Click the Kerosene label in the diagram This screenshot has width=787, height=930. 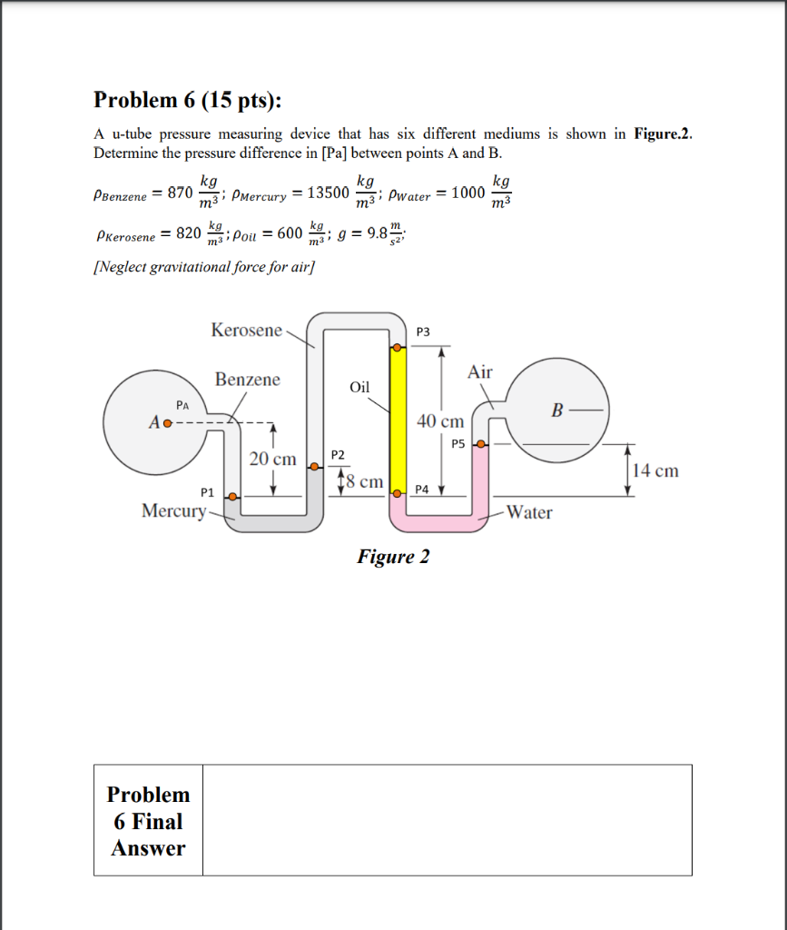247,331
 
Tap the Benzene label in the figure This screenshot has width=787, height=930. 248,380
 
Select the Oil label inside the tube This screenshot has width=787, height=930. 360,387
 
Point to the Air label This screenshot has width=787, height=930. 480,371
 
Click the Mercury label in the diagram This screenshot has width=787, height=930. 173,510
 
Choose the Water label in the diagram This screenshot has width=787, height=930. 529,512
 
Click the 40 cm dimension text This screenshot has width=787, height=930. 440,421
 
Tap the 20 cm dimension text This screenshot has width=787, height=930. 272,460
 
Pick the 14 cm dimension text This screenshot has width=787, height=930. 655,470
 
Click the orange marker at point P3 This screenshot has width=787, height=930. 397,348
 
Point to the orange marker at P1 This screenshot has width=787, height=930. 233,497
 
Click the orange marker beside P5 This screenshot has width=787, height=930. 482,444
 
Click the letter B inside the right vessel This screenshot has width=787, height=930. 557,411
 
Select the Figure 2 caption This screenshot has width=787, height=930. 393,556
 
